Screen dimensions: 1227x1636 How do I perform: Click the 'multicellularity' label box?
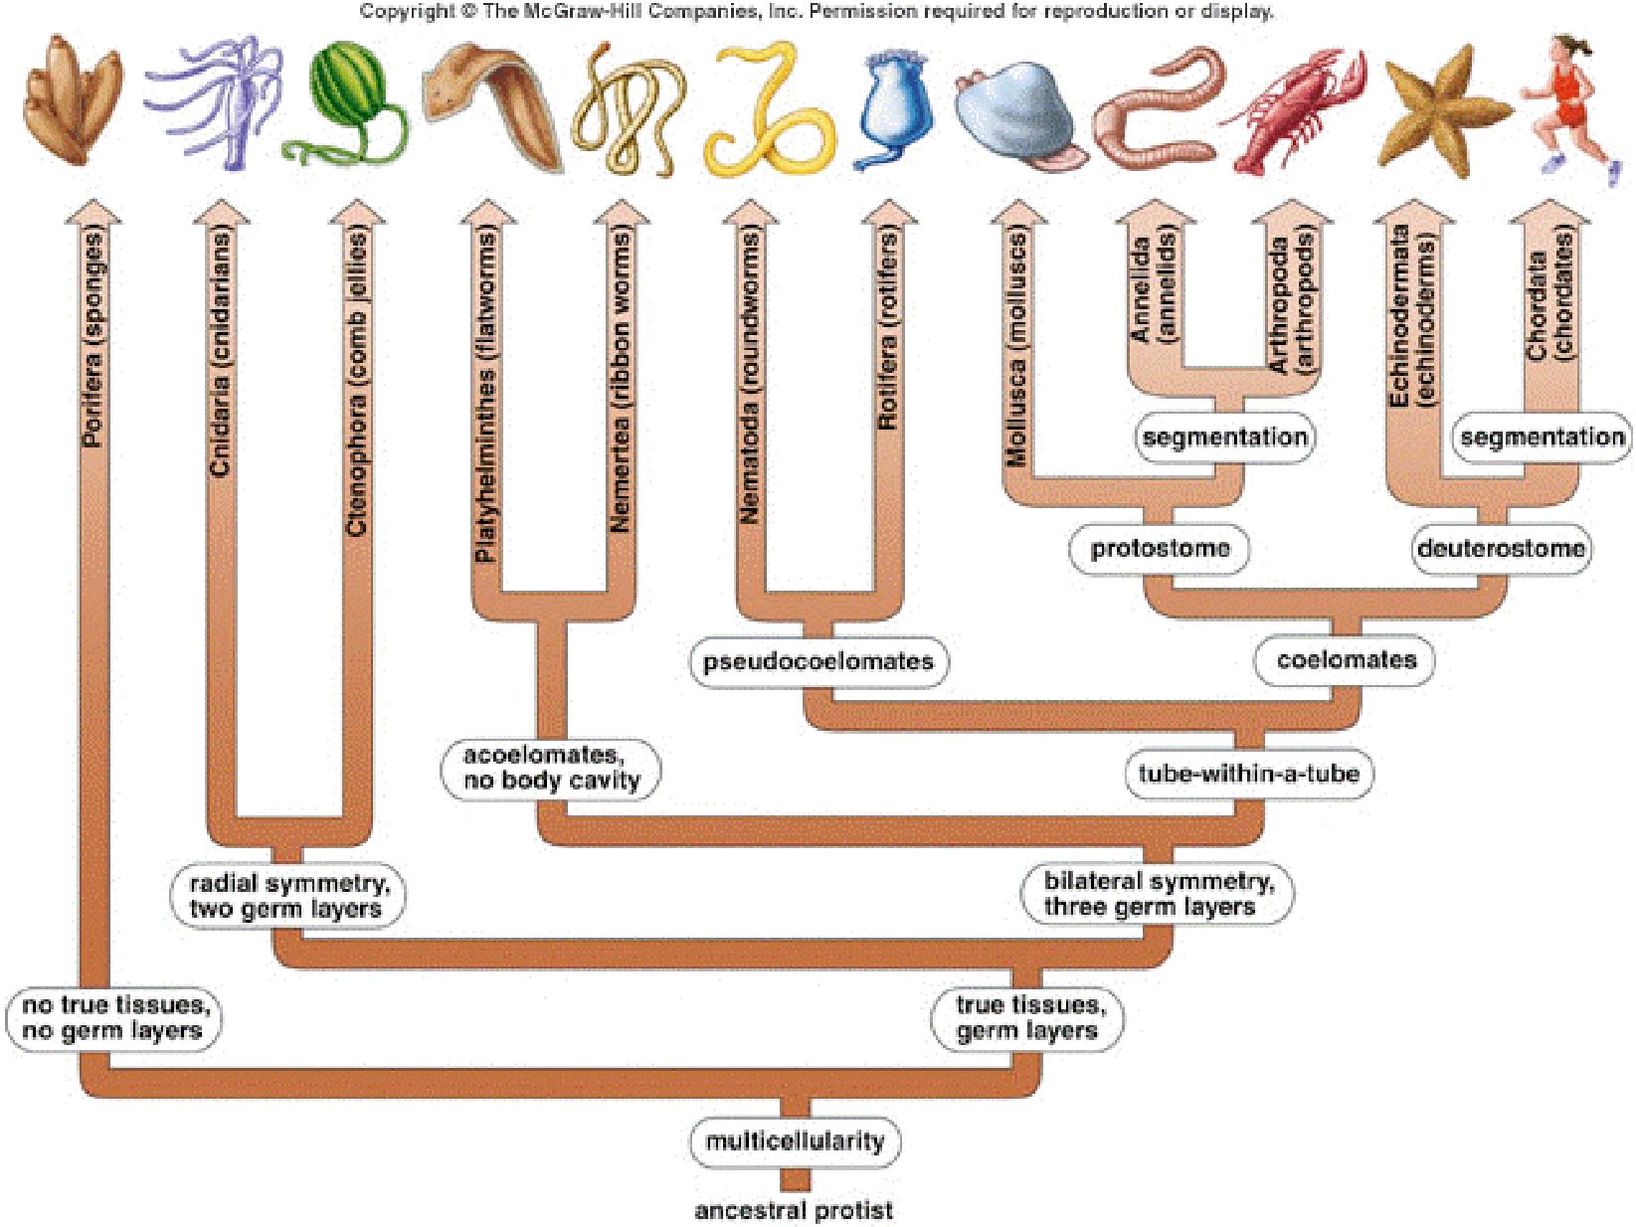coord(795,1140)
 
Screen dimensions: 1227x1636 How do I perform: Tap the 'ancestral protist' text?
coord(794,1211)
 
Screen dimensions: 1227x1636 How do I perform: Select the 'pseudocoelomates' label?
coord(818,662)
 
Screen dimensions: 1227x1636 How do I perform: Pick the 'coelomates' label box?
coord(1346,660)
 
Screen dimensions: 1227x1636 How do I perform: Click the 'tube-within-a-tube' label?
coord(1248,774)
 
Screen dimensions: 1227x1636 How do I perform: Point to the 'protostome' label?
coord(1160,549)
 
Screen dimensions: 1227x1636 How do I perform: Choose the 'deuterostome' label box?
coord(1501,549)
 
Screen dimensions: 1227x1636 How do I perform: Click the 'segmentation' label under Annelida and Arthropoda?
coord(1224,438)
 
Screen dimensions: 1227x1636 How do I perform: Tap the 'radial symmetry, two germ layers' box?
coord(289,896)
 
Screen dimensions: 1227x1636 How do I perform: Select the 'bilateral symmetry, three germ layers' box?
coord(1158,894)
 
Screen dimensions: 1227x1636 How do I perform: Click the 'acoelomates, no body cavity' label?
coord(551,769)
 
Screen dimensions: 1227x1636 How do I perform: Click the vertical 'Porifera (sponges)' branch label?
coord(93,338)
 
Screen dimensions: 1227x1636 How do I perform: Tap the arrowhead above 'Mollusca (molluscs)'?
coord(1016,211)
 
